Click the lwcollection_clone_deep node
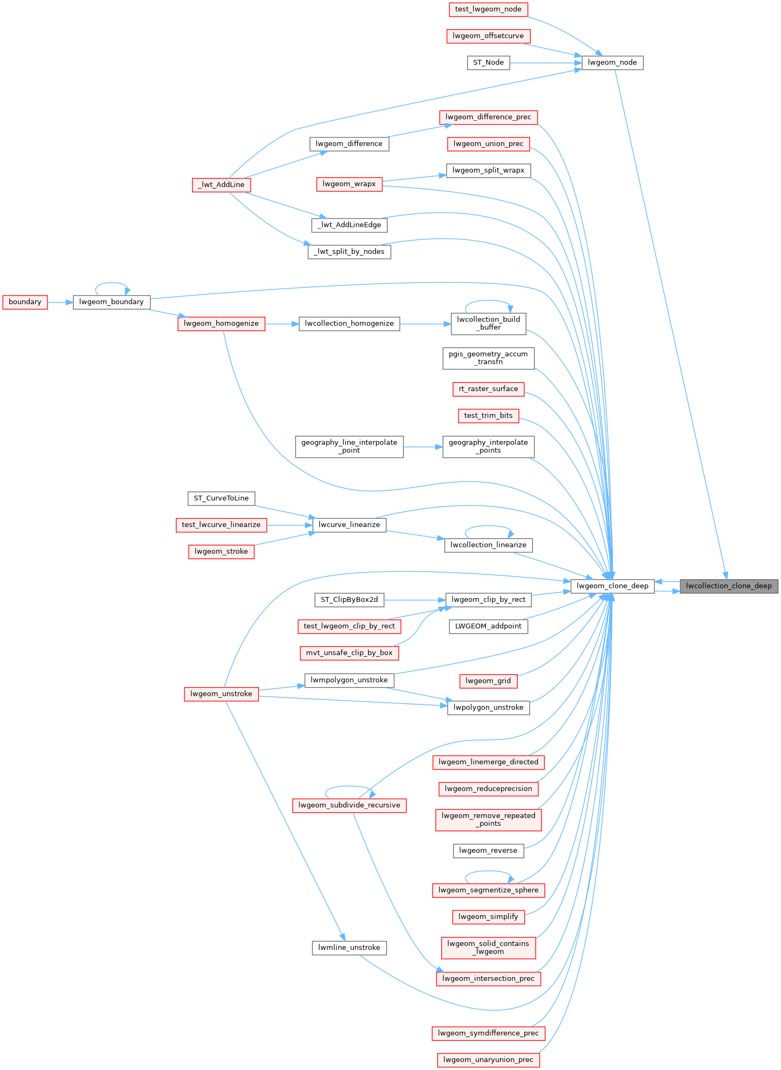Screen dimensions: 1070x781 pos(729,586)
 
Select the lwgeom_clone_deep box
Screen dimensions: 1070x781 pos(612,586)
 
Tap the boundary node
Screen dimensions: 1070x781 pos(25,302)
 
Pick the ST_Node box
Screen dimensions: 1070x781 pos(488,63)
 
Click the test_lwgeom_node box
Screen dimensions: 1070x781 pos(488,9)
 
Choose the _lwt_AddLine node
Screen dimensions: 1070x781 pos(221,185)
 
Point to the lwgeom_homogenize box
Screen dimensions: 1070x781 pos(221,324)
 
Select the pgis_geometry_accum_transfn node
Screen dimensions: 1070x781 pos(488,358)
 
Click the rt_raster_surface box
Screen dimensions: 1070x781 pos(488,389)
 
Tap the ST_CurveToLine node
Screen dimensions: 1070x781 pos(221,498)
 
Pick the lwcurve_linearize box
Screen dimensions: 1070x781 pos(349,525)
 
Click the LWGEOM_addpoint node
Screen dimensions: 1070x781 pos(488,626)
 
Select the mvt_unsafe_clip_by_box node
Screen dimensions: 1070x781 pos(349,653)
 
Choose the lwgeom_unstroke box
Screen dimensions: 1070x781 pos(221,694)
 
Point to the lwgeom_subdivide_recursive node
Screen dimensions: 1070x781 pos(349,805)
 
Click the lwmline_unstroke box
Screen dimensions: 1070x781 pos(349,948)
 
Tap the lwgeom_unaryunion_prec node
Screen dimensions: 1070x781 pos(488,1060)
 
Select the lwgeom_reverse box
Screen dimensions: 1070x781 pos(488,850)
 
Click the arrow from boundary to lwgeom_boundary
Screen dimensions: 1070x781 pos(60,303)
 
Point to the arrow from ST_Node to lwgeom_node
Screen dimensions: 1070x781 pos(545,63)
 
